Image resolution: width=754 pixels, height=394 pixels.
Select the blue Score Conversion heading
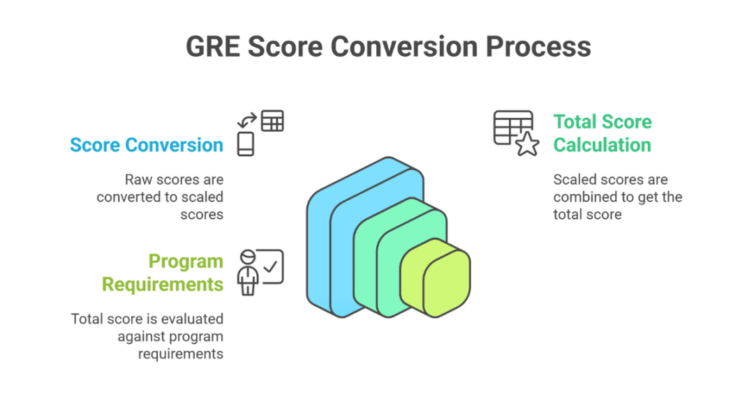(x=147, y=145)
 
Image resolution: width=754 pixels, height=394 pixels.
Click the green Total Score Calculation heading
(x=603, y=133)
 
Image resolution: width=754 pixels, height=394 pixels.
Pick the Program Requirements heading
(x=163, y=273)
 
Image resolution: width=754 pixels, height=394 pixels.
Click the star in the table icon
(x=527, y=144)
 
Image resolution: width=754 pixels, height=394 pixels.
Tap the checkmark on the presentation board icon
(x=271, y=266)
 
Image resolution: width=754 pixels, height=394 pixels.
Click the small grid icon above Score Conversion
(x=272, y=121)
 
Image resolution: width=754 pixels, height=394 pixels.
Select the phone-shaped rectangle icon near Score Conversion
(x=246, y=144)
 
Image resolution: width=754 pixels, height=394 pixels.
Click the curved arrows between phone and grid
(x=247, y=121)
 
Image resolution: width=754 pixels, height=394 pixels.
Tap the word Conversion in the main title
(x=400, y=47)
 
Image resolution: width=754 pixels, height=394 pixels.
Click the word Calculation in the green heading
(x=603, y=145)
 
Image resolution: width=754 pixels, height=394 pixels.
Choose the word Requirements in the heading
(x=163, y=284)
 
